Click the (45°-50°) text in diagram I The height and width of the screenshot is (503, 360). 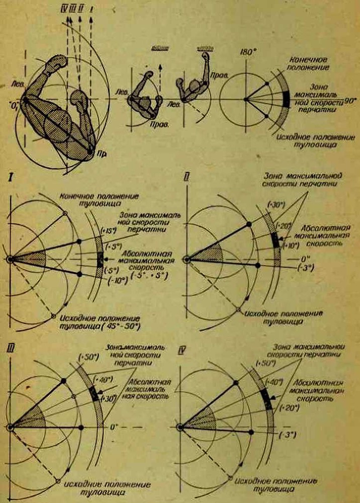124,327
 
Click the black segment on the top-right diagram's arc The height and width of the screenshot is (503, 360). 286,99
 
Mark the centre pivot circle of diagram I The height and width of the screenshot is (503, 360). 10,259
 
